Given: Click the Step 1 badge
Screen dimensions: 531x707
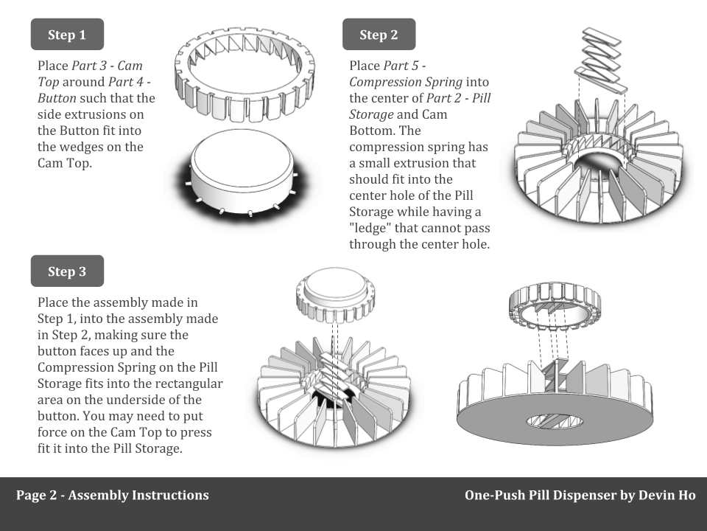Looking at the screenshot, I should tap(67, 35).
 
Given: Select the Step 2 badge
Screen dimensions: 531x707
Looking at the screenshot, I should tap(379, 35).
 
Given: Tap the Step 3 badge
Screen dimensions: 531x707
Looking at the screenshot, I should tap(67, 271).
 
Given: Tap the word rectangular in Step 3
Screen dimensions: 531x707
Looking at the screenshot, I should tap(189, 383).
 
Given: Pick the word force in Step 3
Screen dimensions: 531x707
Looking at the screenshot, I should tap(53, 432).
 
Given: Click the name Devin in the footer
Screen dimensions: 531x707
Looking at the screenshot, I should tap(644, 496).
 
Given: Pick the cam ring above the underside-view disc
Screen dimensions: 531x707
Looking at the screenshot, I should tap(555, 307).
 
